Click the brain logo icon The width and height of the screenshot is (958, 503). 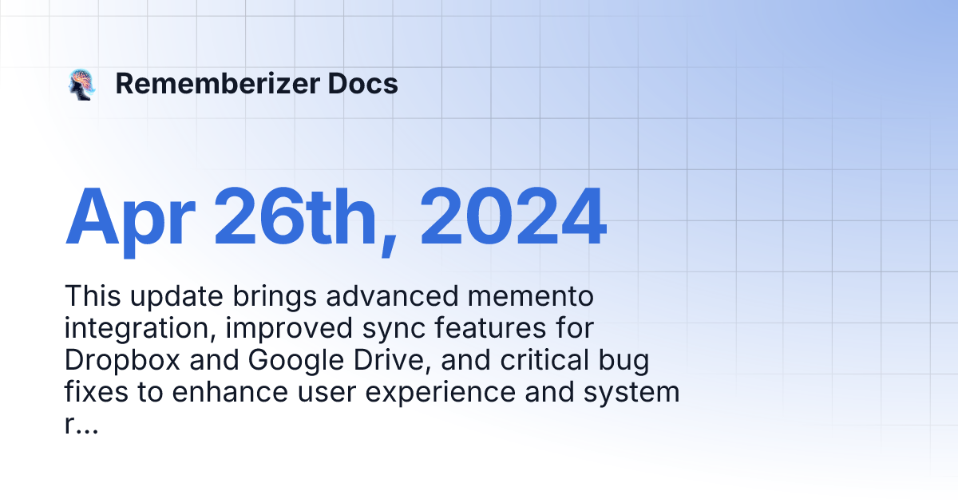(81, 85)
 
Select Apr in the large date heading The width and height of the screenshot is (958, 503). (129, 217)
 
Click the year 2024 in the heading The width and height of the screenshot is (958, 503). (511, 217)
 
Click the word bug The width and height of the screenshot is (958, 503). (626, 361)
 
